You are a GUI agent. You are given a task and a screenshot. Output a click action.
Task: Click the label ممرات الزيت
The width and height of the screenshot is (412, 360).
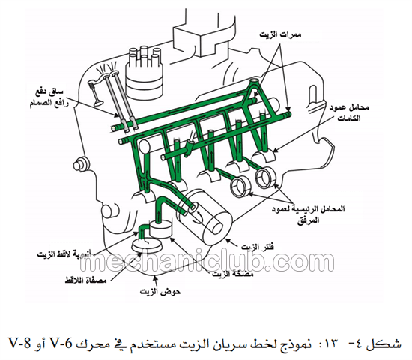[x=280, y=34]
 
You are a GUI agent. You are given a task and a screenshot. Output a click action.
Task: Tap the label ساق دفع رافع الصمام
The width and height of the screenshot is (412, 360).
[x=49, y=97]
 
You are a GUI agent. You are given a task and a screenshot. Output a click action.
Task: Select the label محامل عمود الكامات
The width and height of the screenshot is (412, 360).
[x=349, y=112]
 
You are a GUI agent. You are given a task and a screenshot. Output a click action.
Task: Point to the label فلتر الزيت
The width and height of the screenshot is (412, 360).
[x=258, y=247]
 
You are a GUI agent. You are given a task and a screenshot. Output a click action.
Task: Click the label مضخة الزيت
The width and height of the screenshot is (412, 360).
[x=233, y=274]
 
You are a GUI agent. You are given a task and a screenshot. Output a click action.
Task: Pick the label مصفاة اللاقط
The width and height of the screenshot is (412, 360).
[x=85, y=280]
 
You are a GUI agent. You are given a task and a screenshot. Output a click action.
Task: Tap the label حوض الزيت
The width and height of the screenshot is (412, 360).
[x=160, y=292]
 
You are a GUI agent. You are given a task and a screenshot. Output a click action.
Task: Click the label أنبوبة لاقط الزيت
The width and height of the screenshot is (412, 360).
[x=64, y=254]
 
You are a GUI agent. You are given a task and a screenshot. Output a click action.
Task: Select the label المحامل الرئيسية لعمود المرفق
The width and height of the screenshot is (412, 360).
[x=308, y=214]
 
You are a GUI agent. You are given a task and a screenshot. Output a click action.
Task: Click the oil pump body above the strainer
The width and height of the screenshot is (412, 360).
[x=161, y=229]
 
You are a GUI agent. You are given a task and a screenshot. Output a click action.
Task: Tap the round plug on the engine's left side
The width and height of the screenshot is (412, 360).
[x=81, y=165]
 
